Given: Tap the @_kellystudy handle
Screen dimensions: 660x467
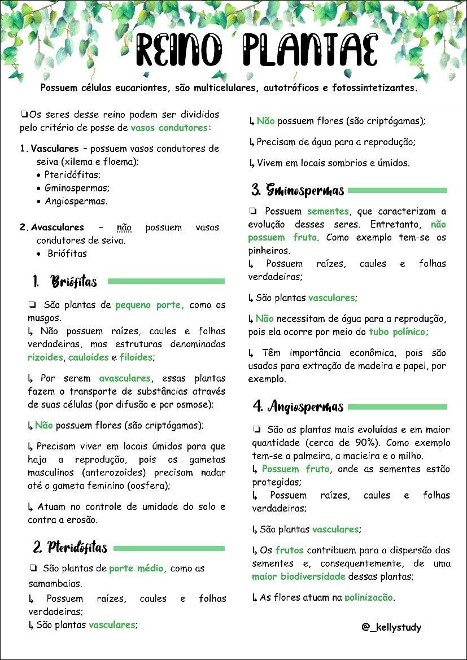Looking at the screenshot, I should [391, 627].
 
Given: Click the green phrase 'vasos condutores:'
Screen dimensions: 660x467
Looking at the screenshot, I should [171, 128].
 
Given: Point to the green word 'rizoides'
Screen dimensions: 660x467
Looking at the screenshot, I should [46, 357].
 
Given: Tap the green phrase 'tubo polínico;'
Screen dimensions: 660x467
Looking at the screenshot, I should [399, 332].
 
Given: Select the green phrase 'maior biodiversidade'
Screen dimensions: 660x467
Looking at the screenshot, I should [298, 577].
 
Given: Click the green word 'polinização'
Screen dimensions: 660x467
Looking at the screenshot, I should [369, 597].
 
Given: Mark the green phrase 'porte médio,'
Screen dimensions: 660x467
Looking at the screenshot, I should [138, 569].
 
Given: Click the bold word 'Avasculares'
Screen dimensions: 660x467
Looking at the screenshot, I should [57, 228].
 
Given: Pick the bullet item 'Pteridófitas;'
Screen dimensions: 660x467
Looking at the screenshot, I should [72, 175].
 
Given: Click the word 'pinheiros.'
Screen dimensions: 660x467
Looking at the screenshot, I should [269, 251].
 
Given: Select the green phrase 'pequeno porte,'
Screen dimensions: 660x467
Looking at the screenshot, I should [150, 305].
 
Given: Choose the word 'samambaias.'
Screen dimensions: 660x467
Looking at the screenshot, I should [55, 583].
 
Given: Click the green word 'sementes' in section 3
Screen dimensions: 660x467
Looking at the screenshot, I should [328, 212].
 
